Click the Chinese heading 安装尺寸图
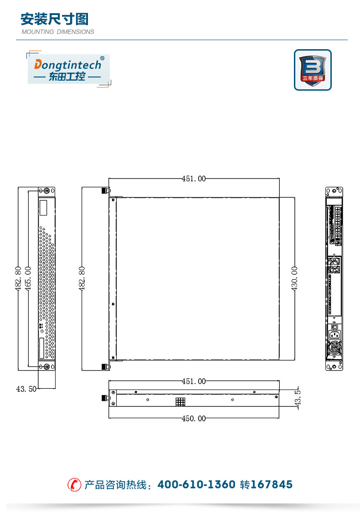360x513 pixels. point(54,19)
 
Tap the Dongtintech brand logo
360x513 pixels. point(69,69)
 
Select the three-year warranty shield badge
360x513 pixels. point(313,70)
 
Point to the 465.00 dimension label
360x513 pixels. point(28,278)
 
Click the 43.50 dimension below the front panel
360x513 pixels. point(26,389)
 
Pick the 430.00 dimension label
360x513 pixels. point(294,278)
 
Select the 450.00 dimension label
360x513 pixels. point(194,418)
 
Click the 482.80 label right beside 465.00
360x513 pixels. point(18,278)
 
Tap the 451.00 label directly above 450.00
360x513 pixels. point(194,381)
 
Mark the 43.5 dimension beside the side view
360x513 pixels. point(298,399)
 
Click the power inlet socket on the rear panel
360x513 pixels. point(335,335)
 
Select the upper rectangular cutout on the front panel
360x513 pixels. point(44,208)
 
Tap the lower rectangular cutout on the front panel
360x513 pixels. point(42,349)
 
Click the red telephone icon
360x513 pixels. point(74,485)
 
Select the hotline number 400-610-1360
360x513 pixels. point(196,484)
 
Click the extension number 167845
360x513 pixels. point(272,484)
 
